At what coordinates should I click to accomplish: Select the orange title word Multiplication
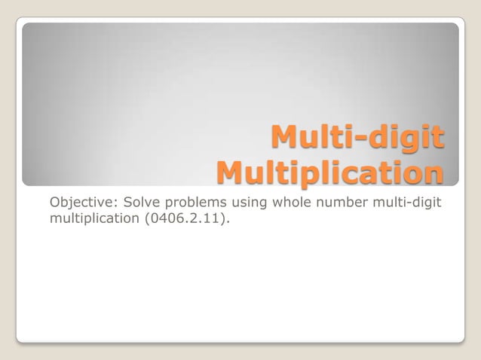click(329, 172)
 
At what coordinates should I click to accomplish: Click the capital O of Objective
click(54, 203)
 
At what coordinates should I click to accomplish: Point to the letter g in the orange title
click(405, 142)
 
